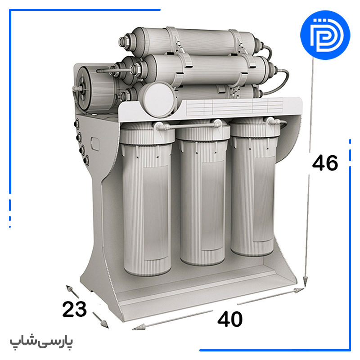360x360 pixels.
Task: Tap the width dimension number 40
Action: (230, 319)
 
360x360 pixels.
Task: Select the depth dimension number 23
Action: (74, 309)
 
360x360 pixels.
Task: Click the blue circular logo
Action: (325, 35)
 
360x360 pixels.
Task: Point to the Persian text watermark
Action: (41, 342)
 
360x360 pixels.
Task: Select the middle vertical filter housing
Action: (202, 193)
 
